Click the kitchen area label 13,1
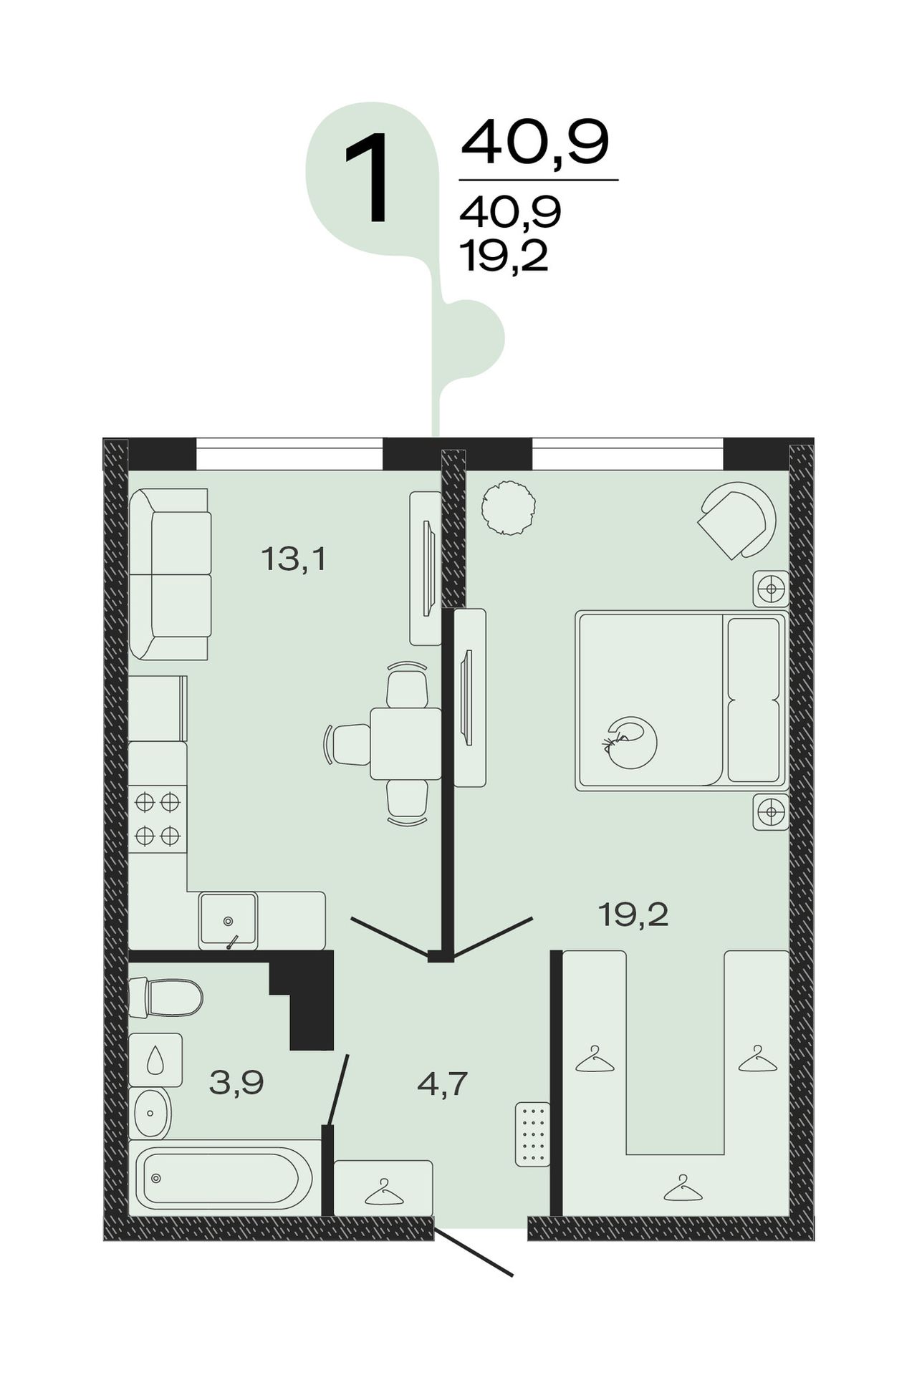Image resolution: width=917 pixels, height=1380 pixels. point(294,559)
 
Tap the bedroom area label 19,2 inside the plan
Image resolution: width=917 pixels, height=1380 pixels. point(633,914)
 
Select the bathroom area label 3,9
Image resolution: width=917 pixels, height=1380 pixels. point(236,1082)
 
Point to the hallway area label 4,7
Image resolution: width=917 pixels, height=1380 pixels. point(443,1084)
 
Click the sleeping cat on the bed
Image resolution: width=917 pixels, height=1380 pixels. point(630,743)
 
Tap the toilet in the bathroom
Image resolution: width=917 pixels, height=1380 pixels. point(165,997)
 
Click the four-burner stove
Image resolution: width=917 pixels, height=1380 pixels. point(158,819)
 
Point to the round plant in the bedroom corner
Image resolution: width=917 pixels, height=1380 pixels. point(508,506)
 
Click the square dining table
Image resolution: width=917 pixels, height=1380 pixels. point(405,743)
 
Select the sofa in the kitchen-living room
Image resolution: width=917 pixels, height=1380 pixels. point(170,574)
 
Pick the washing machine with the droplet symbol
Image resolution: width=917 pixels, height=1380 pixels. point(155,1060)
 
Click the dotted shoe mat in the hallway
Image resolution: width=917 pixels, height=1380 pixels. point(532,1134)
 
